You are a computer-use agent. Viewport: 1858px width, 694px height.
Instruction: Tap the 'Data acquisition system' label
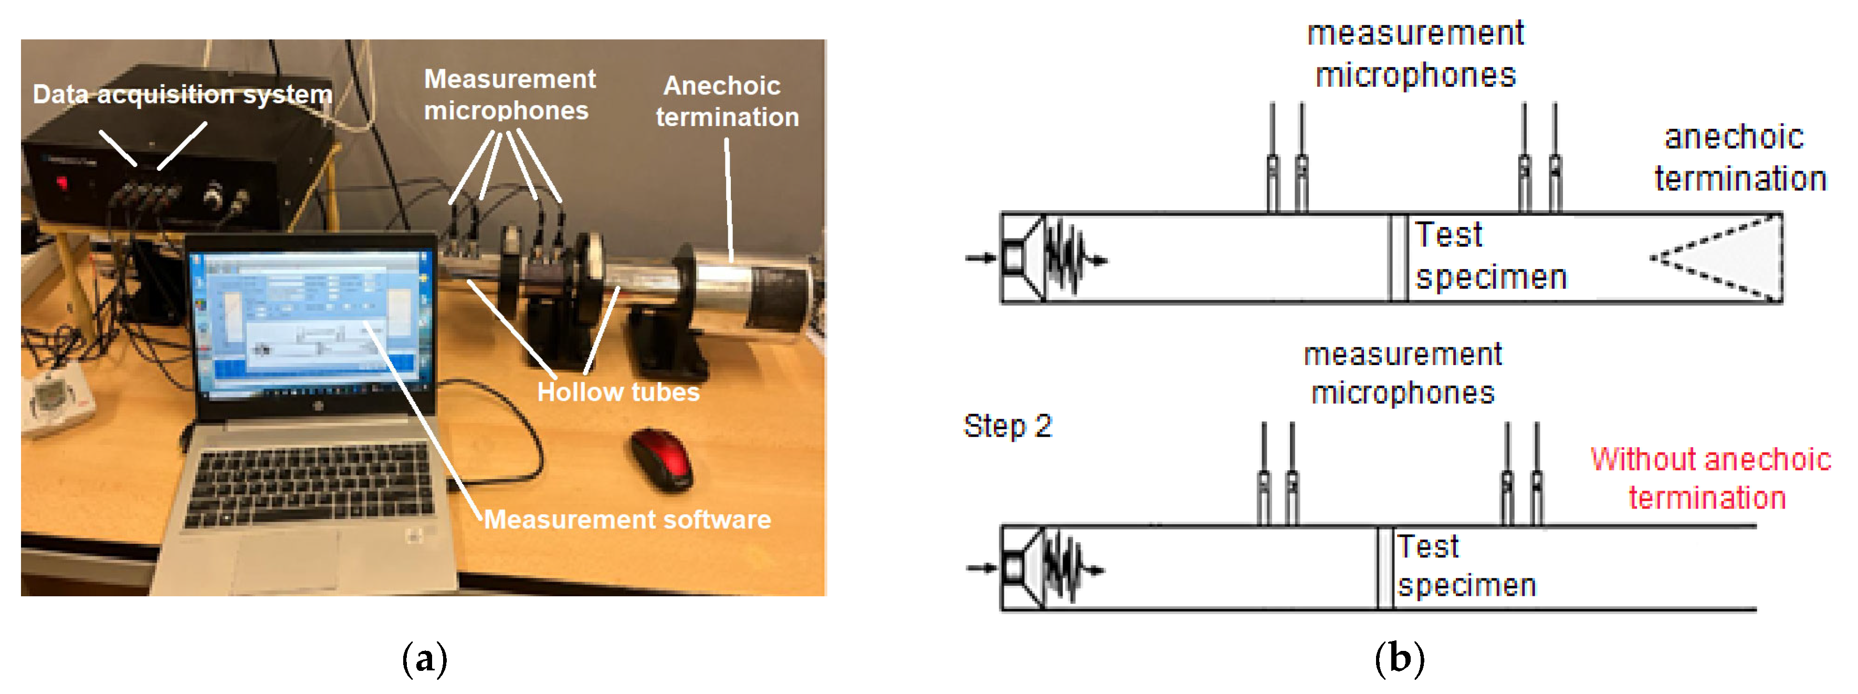[x=183, y=95]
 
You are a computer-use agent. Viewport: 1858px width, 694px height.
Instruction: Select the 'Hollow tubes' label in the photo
[x=618, y=392]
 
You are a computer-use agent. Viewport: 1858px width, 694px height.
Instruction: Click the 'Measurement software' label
[x=627, y=520]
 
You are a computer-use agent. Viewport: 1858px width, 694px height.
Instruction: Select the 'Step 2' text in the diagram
[x=1007, y=426]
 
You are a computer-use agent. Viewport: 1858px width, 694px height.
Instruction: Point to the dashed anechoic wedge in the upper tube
[x=1724, y=258]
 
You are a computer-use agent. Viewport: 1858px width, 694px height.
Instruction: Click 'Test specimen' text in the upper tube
[x=1489, y=256]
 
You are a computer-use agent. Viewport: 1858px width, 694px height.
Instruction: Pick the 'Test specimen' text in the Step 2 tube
[x=1466, y=566]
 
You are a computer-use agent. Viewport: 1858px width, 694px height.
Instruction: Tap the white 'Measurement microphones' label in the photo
[x=509, y=95]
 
